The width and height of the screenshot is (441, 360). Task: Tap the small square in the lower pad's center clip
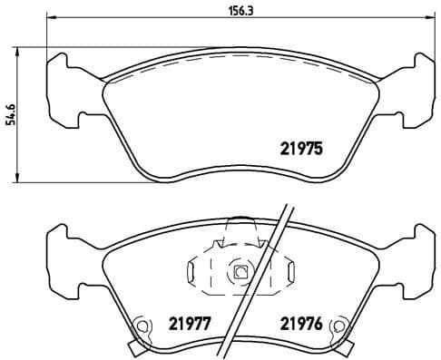click(x=240, y=271)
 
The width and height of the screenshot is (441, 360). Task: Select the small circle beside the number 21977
click(x=142, y=327)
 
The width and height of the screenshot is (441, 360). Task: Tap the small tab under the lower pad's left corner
click(x=133, y=348)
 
